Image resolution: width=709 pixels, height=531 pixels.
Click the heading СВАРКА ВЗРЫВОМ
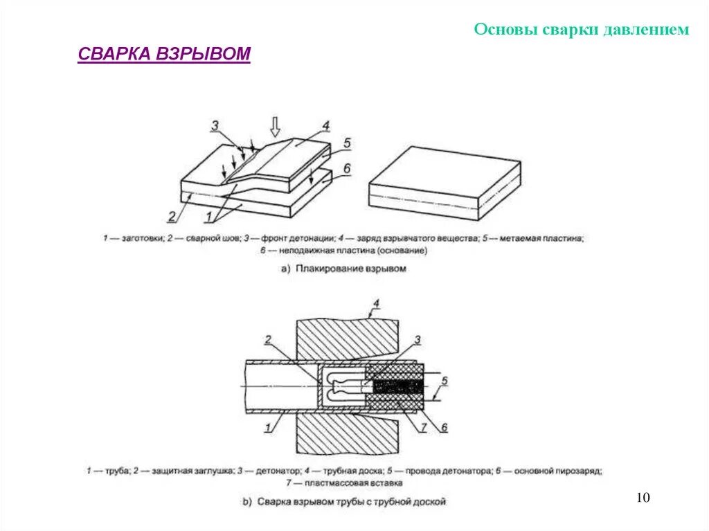click(x=163, y=55)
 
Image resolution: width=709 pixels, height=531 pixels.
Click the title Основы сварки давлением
click(x=582, y=29)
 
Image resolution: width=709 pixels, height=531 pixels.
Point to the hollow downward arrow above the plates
click(x=275, y=127)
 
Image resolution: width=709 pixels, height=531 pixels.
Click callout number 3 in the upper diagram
click(x=215, y=125)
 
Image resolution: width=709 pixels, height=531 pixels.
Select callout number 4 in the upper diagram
click(x=325, y=126)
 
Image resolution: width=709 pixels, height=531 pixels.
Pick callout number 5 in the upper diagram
click(x=347, y=143)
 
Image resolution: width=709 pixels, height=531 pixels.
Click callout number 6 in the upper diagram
click(x=347, y=168)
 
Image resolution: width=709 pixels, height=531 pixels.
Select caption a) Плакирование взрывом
click(x=343, y=268)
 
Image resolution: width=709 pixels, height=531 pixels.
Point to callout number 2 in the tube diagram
click(x=268, y=339)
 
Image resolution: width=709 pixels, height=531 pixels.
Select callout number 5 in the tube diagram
click(x=445, y=381)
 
